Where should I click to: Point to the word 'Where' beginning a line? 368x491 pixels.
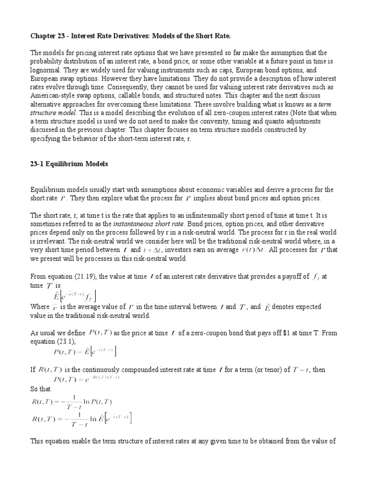(40, 307)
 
